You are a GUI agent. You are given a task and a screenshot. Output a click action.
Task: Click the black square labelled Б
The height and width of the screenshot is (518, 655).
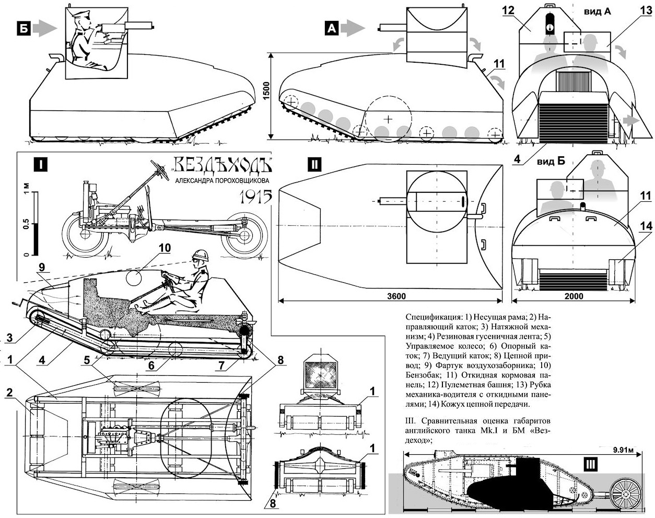(23, 29)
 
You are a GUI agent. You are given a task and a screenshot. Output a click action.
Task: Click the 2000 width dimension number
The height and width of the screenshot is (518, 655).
(574, 296)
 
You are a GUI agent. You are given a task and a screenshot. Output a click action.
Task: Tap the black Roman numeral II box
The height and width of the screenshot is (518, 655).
(313, 164)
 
